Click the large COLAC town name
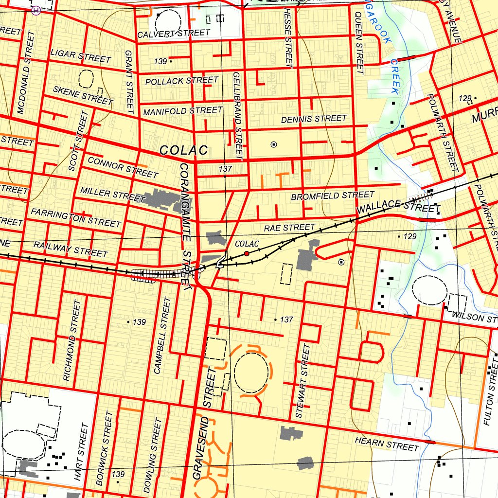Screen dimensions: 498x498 183,150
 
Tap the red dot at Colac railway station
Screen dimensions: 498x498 247,253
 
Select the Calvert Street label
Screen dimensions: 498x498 174,34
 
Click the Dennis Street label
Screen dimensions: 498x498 314,119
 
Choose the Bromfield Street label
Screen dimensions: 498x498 333,196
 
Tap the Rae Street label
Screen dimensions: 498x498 289,228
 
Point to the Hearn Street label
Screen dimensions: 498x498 387,444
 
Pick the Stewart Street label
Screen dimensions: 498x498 302,381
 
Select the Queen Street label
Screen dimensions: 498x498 359,43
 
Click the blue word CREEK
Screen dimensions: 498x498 394,76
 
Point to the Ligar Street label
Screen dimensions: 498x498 81,56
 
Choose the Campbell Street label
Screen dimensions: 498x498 162,336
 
